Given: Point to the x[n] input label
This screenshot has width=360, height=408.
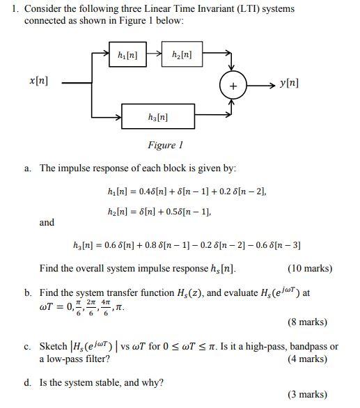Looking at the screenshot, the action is point(38,81).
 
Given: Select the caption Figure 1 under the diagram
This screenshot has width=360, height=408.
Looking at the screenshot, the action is point(165,145).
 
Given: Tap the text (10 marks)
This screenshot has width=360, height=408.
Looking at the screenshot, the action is point(309,268).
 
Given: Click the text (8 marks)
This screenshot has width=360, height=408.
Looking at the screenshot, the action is point(307,322).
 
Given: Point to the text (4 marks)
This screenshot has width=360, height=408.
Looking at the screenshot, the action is point(307,359).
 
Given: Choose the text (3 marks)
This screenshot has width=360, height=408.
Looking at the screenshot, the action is point(307,394).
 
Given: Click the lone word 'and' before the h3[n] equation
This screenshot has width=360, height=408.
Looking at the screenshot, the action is point(47,223).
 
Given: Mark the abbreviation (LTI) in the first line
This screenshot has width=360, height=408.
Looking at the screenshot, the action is point(228,9).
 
